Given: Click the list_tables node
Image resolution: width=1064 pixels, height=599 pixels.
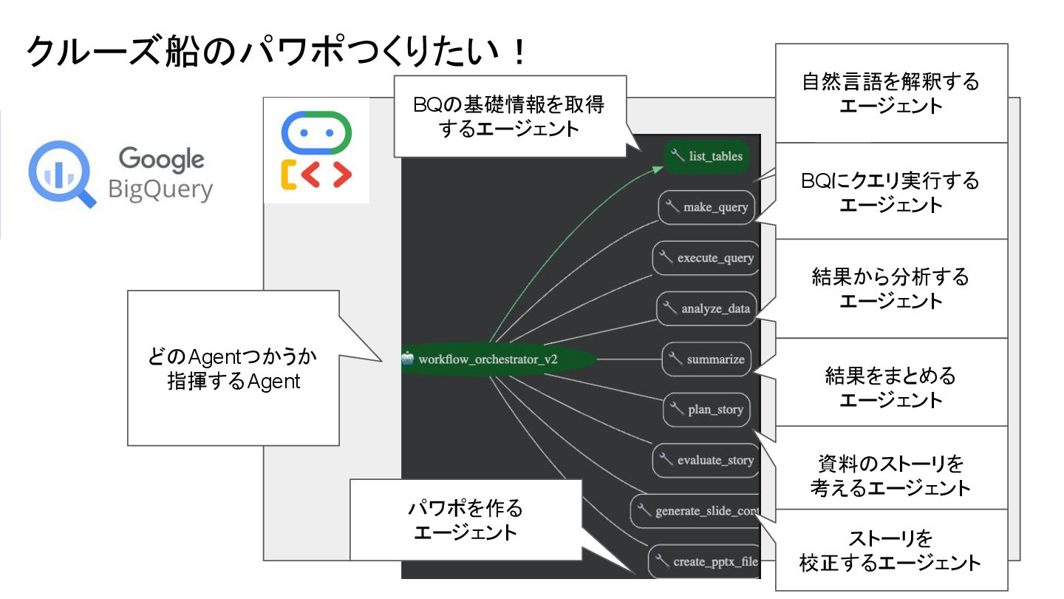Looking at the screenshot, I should (x=707, y=157).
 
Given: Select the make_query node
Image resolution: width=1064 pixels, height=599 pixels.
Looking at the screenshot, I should (x=706, y=207).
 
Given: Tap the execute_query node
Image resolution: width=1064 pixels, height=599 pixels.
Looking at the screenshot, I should (x=706, y=258).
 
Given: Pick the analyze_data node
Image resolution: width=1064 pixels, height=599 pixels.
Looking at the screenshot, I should (x=706, y=308).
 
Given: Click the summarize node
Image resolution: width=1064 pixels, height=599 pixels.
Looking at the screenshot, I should (x=707, y=359).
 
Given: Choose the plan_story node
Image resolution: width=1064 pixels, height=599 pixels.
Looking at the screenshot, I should (x=707, y=409).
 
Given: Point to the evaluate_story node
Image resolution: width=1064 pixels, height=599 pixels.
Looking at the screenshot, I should (x=706, y=460).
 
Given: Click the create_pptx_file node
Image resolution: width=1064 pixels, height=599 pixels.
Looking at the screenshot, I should (x=706, y=562).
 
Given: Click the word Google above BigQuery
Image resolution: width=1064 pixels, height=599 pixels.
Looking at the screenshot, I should (x=161, y=158).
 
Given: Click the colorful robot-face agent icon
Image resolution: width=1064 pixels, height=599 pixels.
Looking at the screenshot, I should (x=316, y=150).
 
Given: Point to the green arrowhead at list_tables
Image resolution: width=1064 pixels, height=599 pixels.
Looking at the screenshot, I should (x=658, y=169).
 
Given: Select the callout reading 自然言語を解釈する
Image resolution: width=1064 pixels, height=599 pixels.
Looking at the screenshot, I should (x=891, y=93).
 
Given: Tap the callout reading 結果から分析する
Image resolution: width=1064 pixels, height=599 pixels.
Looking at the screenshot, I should (x=891, y=288).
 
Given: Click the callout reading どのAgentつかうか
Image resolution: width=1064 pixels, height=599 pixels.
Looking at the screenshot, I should (x=233, y=368).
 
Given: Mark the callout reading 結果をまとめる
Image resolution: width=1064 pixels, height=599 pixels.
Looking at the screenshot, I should (x=891, y=387).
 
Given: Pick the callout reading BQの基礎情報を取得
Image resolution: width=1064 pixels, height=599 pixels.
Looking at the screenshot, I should (x=510, y=115).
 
